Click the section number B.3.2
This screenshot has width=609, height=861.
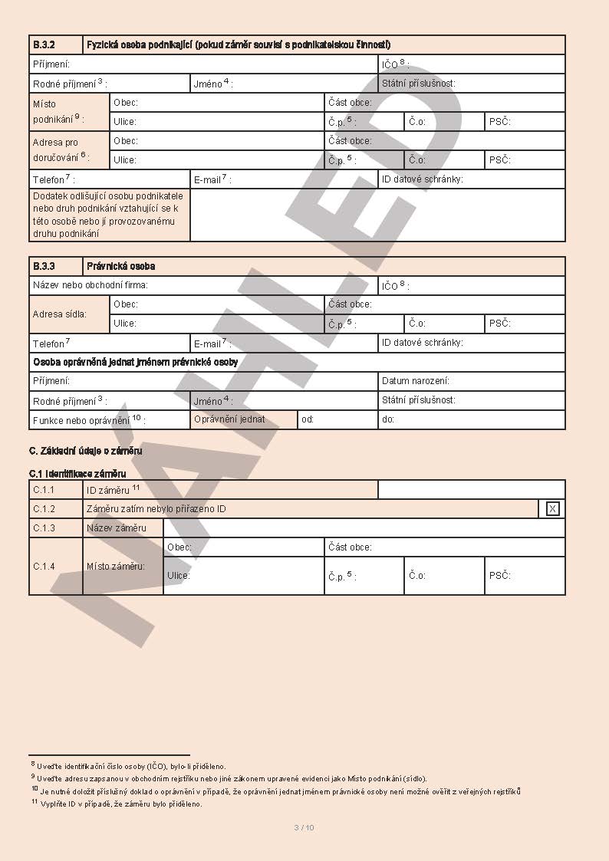[x=44, y=45]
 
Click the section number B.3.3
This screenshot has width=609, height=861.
[x=44, y=266]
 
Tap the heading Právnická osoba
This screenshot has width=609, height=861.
[x=121, y=266]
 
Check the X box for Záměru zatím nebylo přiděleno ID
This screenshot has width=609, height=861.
[x=552, y=508]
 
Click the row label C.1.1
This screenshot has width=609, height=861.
[x=44, y=489]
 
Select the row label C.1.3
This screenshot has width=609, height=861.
[x=44, y=527]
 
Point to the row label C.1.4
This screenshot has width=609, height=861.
[x=44, y=566]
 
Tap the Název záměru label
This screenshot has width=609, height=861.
[x=116, y=527]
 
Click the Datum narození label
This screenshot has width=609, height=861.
[x=416, y=380]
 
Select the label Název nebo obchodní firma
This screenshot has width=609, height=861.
[x=90, y=285]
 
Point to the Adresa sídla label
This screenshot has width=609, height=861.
[x=59, y=314]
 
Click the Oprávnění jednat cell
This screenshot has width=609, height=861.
[x=229, y=419]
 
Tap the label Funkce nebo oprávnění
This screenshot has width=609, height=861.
[x=88, y=420]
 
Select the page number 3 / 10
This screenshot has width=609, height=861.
[x=304, y=827]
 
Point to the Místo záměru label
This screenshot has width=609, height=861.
[x=116, y=566]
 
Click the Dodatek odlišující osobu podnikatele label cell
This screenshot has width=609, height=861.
[x=108, y=215]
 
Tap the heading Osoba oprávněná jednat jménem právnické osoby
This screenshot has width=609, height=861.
[x=135, y=362]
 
